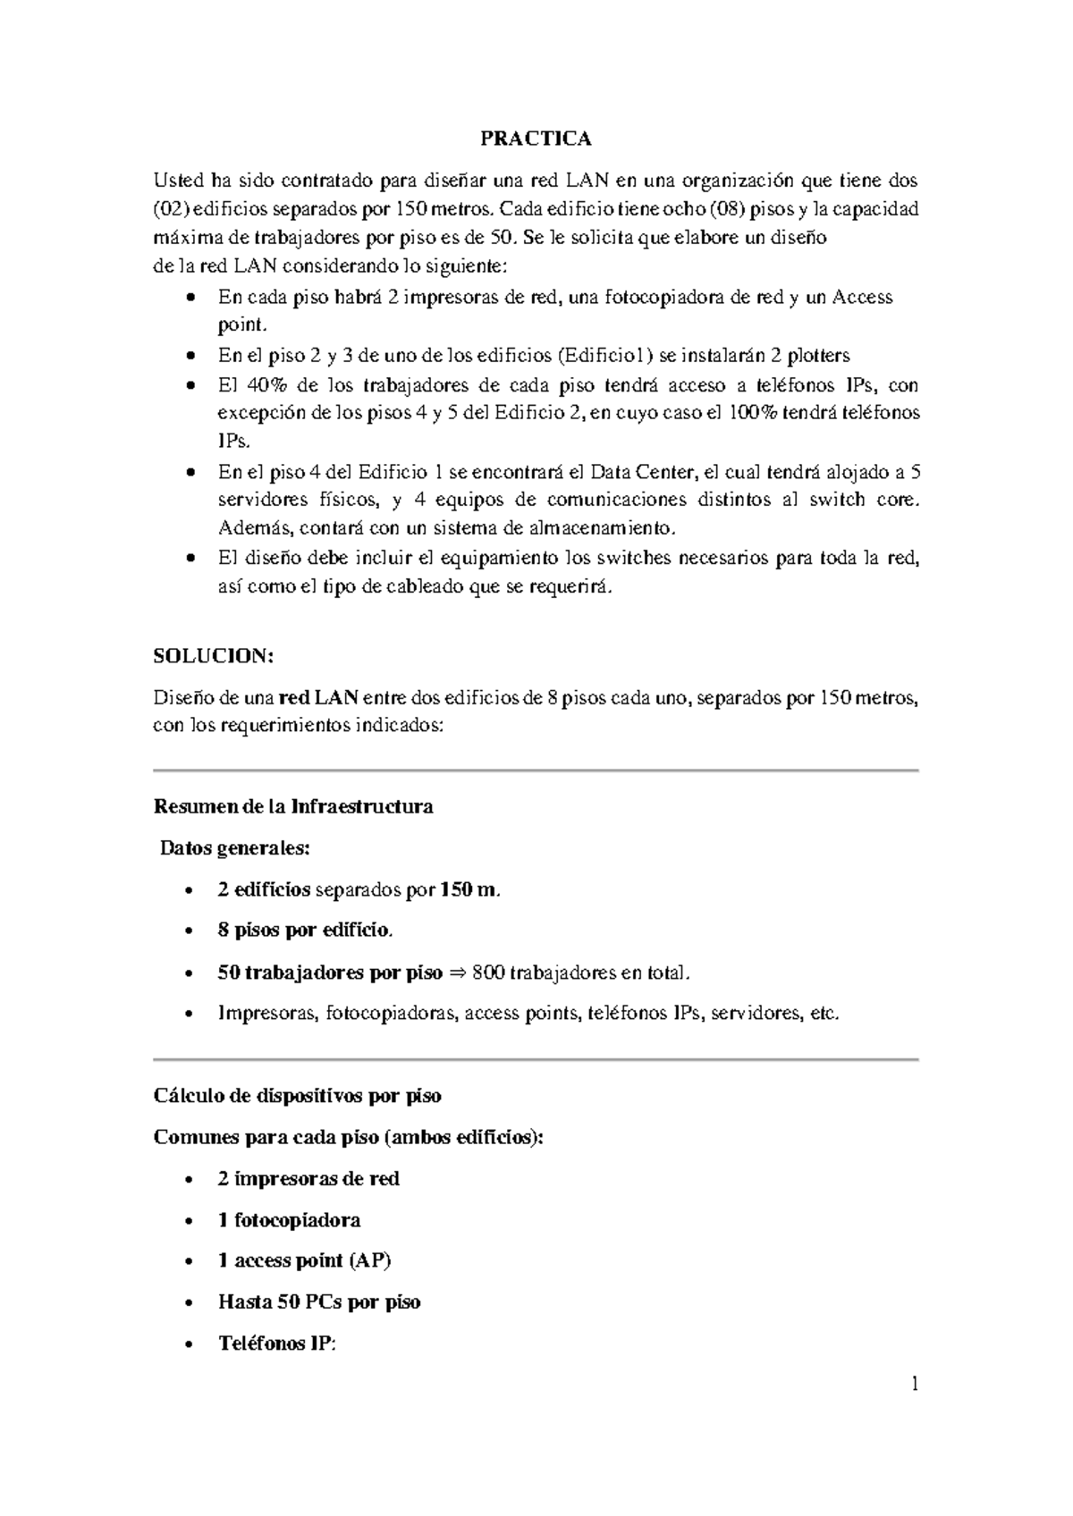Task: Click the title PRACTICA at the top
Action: tap(536, 139)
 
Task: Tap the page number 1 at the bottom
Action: tap(914, 1385)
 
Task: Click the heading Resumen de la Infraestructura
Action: tap(293, 806)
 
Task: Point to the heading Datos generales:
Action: tap(234, 847)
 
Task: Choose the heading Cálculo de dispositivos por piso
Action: tap(297, 1095)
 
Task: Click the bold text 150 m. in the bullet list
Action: tap(470, 889)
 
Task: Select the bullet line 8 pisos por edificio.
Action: tap(304, 931)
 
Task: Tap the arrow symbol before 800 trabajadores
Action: tap(457, 973)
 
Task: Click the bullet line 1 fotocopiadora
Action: tap(289, 1220)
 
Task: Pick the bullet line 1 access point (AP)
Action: tap(304, 1260)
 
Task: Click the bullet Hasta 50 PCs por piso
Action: tap(318, 1302)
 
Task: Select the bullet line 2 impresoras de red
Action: tap(308, 1178)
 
